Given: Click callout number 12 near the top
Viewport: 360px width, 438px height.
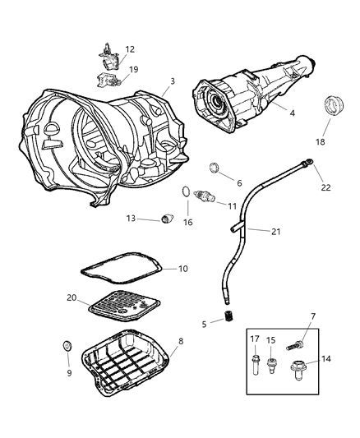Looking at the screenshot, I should click(130, 50).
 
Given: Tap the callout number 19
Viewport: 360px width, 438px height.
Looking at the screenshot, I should click(133, 70).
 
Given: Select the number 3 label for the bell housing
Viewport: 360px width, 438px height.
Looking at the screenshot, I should click(171, 81).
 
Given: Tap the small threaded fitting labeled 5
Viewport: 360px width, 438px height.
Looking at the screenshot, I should click(231, 316).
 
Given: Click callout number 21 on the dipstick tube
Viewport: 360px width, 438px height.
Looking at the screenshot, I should click(276, 231).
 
